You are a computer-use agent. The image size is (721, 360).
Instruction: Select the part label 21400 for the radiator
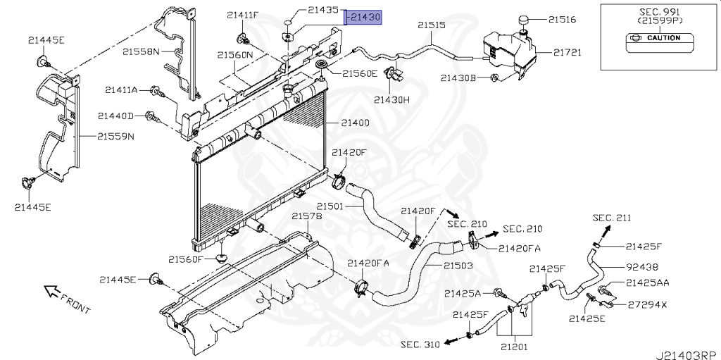click(355, 123)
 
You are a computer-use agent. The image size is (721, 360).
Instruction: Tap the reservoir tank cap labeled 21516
click(525, 20)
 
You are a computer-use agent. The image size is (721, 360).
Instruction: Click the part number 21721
click(567, 52)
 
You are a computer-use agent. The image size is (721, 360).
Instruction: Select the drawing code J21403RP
click(686, 354)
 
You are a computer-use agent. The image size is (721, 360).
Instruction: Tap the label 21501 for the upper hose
click(329, 206)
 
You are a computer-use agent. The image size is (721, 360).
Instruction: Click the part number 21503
click(458, 266)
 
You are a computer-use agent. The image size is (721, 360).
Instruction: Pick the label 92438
click(642, 267)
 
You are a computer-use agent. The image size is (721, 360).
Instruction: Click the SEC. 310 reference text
click(420, 345)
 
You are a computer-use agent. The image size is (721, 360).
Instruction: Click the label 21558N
click(141, 51)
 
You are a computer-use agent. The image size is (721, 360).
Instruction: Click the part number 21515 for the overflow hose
click(432, 25)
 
